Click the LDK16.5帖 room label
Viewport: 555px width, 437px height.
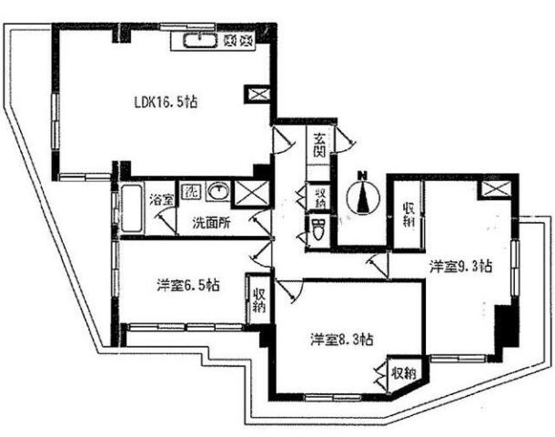click(166, 102)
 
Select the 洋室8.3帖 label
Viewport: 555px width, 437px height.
click(341, 340)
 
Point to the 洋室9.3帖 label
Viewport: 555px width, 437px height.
click(461, 266)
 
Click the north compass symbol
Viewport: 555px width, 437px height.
click(363, 194)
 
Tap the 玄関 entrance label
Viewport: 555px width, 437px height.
click(319, 145)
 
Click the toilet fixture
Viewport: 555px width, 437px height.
click(319, 229)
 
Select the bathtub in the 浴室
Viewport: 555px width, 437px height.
click(132, 208)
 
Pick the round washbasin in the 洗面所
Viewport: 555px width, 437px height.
click(217, 191)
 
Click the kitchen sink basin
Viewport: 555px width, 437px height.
click(199, 41)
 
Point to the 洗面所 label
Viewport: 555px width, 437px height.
click(211, 223)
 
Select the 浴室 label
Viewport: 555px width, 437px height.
click(161, 201)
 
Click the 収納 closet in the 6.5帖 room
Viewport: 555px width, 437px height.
click(258, 300)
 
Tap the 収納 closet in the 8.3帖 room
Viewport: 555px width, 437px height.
click(404, 372)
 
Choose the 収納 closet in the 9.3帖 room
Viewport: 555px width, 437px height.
click(409, 215)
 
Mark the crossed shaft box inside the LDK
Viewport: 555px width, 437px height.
click(257, 94)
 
